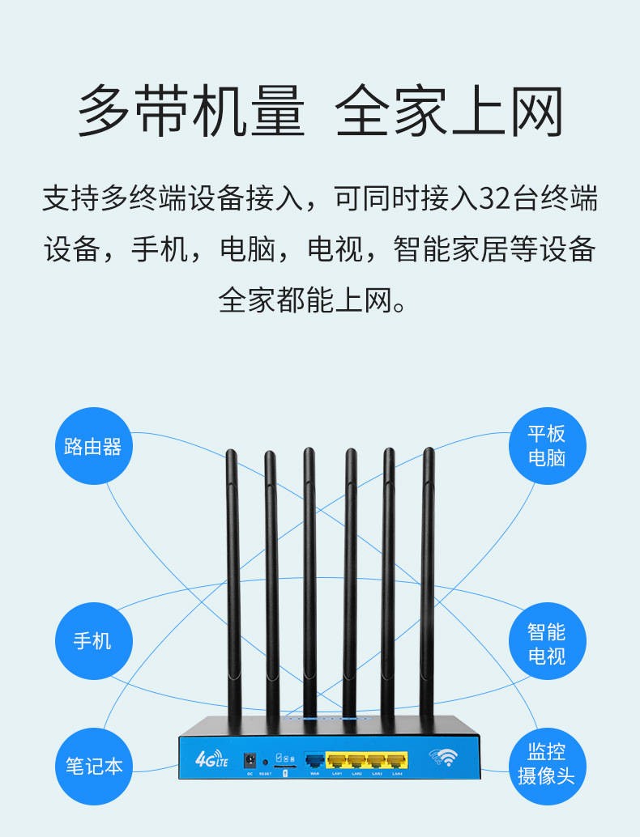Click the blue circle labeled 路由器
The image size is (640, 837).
pos(93,446)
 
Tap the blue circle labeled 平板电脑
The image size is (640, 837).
pos(546,446)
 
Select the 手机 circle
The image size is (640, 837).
pos(93,641)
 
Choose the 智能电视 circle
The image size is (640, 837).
pos(546,643)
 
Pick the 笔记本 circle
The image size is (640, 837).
pos(93,765)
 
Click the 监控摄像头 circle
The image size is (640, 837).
pos(546,763)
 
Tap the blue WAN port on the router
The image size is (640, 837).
pos(314,760)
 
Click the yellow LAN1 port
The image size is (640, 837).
pos(336,760)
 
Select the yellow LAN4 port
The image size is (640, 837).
pos(397,760)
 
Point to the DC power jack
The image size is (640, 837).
pos(250,761)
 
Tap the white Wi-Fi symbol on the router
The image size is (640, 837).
pos(444,758)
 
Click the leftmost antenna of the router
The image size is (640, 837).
pos(233,583)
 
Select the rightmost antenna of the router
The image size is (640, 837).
pos(427,583)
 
